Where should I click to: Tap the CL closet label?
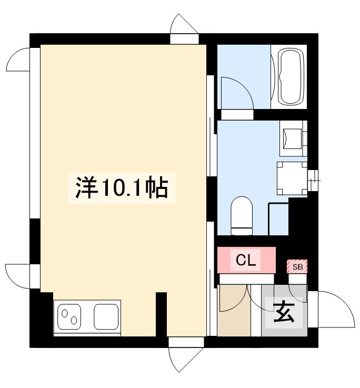pyautogui.click(x=246, y=260)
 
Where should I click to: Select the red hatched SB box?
pyautogui.click(x=297, y=267)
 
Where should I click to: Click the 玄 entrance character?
pyautogui.click(x=284, y=313)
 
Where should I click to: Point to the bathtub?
pyautogui.click(x=291, y=77)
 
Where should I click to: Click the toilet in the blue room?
pyautogui.click(x=242, y=216)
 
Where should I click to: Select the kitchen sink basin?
pyautogui.click(x=107, y=317)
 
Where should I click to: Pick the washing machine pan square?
pyautogui.click(x=292, y=177)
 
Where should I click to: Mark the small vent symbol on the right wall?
pyautogui.click(x=314, y=181)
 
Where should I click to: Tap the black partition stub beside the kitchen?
pyautogui.click(x=162, y=313)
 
